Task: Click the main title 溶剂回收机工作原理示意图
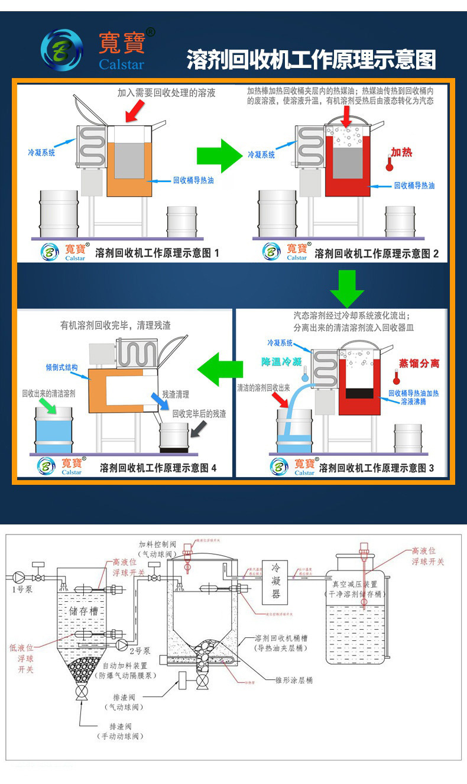click(x=312, y=60)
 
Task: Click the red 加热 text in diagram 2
click(x=401, y=152)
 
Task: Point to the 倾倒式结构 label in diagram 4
click(x=61, y=367)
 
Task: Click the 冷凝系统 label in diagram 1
click(x=41, y=152)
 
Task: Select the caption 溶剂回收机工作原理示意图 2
click(x=377, y=254)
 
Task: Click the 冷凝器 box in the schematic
click(x=275, y=580)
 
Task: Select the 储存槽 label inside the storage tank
click(x=83, y=611)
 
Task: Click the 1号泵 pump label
click(x=20, y=589)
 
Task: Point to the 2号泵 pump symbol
click(x=122, y=644)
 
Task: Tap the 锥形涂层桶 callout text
click(x=294, y=680)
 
